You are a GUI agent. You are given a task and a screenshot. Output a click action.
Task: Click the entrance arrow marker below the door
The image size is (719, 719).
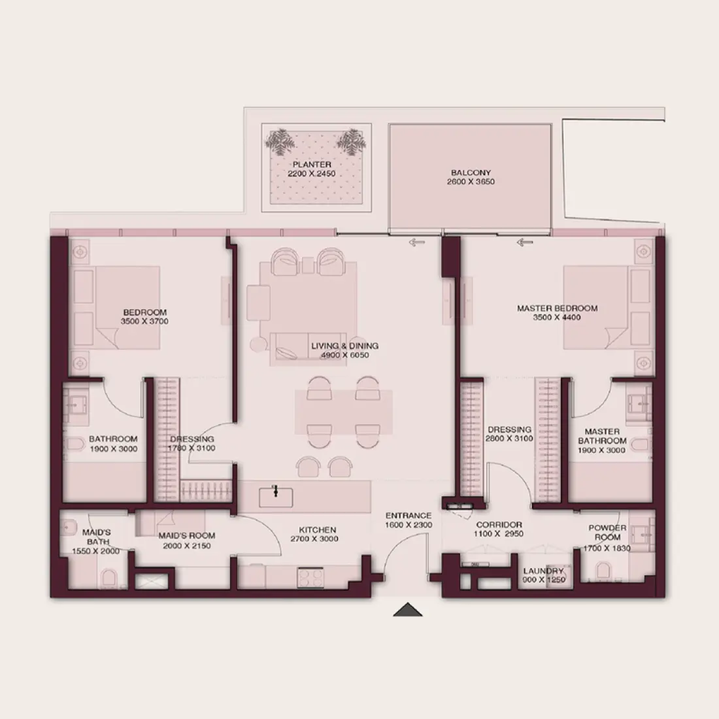408,609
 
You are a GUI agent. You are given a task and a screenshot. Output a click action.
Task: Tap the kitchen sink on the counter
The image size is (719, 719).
276,497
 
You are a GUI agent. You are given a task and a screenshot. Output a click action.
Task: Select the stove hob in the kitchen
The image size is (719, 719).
310,577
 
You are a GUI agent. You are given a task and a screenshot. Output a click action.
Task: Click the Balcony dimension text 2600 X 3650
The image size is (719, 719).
471,182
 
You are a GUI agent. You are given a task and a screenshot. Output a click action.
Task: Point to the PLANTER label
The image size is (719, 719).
312,164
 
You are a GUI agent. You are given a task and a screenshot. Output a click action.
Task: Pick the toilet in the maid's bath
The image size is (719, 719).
109,578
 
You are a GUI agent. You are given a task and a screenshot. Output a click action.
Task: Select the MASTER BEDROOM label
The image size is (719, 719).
557,309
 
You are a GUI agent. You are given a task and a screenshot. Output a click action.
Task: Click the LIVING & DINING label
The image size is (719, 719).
345,346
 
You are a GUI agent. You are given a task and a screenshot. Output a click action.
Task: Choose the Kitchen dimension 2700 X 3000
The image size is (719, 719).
314,539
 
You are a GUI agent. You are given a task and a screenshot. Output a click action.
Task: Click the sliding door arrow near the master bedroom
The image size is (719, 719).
525,242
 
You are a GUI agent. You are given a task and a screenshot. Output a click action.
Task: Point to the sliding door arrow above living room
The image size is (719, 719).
417,242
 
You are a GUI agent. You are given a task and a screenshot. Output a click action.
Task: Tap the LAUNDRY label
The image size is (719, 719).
543,571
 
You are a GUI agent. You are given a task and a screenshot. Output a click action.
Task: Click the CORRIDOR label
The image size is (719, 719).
499,525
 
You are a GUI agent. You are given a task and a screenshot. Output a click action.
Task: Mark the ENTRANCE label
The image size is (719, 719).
408,516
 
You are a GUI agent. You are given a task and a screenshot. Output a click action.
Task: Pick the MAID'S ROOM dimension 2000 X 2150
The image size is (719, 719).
187,546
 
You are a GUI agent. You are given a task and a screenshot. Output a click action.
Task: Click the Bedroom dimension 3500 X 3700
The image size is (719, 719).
144,322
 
